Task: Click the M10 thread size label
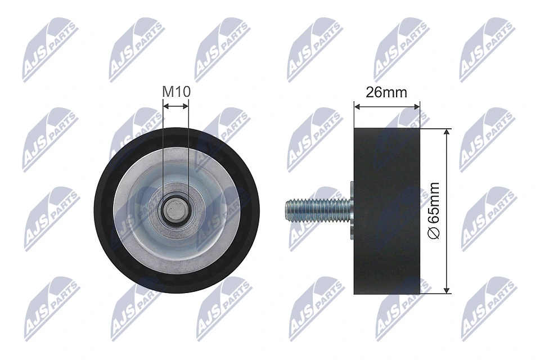[175, 91]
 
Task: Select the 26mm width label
[386, 93]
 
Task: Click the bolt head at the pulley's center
[175, 210]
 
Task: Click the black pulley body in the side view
[387, 211]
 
